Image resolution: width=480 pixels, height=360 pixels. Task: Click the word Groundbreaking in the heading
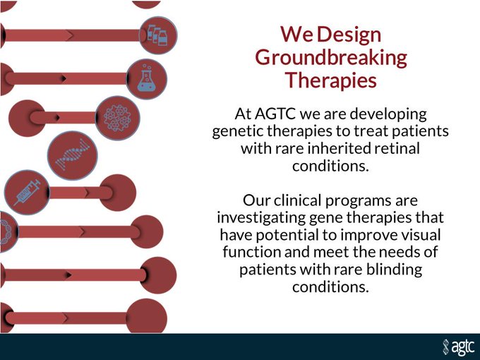click(x=331, y=58)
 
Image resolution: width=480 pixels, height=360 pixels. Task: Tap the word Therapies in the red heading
click(x=331, y=80)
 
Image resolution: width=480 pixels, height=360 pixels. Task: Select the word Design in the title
click(x=349, y=35)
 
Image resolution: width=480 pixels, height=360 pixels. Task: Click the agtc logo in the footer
click(x=458, y=347)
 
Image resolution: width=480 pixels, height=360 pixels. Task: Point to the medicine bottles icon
click(x=158, y=35)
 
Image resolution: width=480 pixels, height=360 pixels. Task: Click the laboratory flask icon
click(x=147, y=79)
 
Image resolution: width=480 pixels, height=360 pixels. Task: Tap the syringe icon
click(x=27, y=192)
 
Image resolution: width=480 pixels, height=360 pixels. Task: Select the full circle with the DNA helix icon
click(x=73, y=155)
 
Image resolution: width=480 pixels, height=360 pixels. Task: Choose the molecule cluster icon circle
click(x=118, y=118)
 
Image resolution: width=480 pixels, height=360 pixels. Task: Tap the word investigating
click(x=261, y=218)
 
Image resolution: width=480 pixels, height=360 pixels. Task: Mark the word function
click(x=252, y=252)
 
